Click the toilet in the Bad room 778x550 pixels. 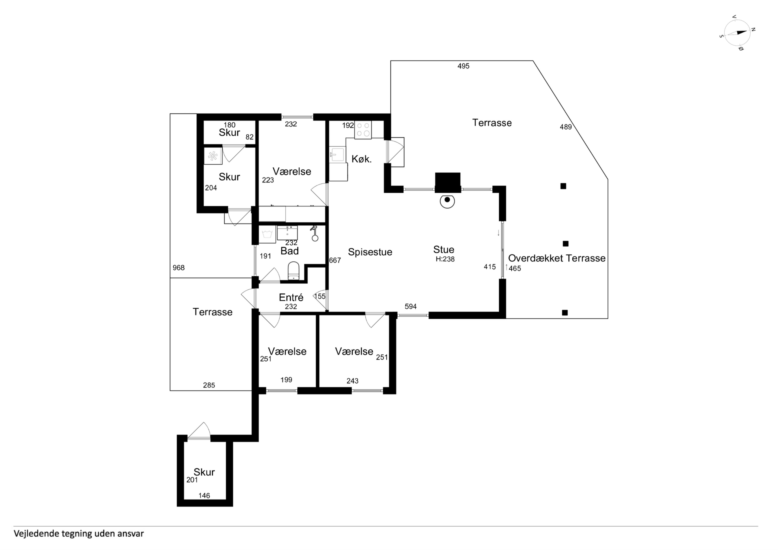click(293, 271)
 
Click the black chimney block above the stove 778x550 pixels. click(448, 183)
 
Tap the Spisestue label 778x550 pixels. click(370, 252)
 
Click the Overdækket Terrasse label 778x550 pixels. click(557, 258)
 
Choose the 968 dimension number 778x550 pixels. click(179, 268)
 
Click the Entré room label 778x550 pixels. click(291, 297)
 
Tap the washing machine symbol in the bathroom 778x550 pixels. click(268, 235)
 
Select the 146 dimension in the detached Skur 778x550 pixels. click(204, 495)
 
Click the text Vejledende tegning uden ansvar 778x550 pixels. click(79, 533)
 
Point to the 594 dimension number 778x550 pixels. click(411, 306)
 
